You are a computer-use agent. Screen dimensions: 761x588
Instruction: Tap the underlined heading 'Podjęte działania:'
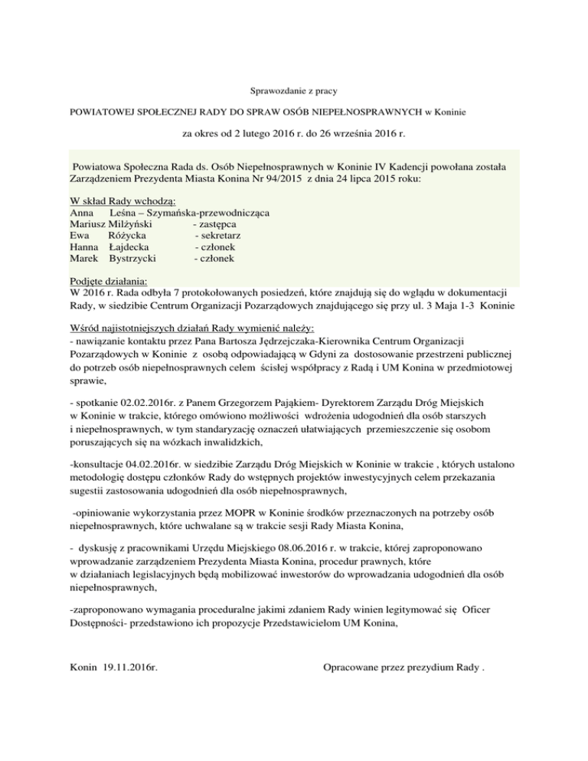tap(108, 280)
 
